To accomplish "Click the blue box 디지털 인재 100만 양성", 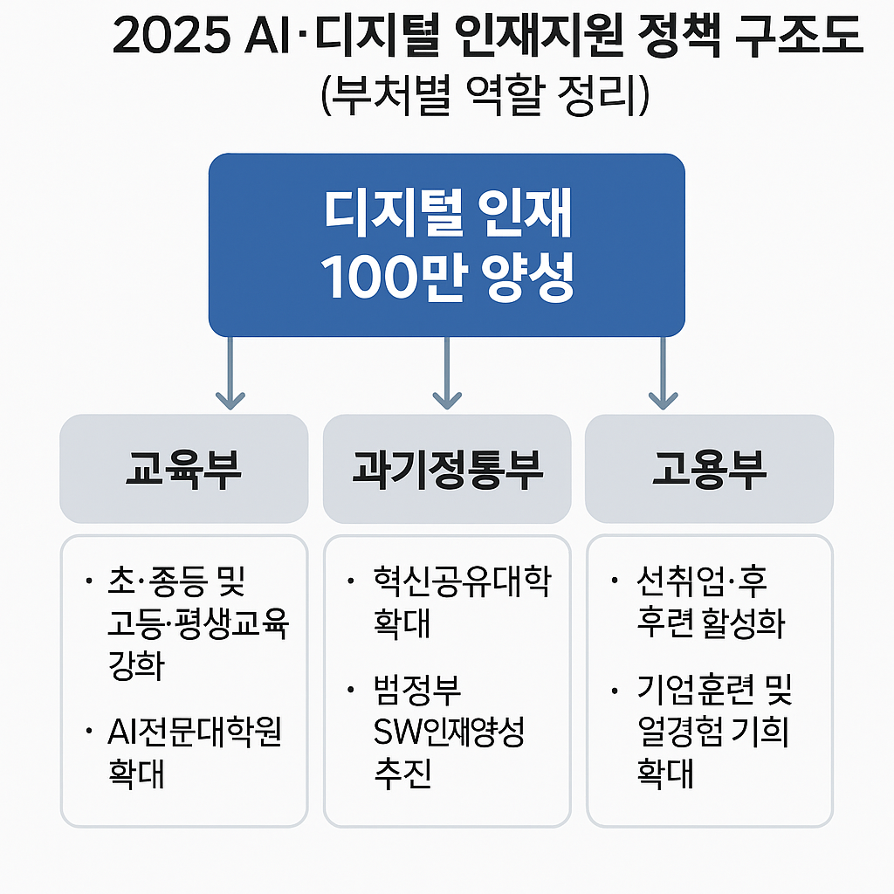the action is point(446,245).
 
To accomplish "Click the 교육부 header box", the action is point(183,470).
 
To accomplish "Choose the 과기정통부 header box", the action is point(447,470).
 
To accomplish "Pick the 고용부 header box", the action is point(709,470).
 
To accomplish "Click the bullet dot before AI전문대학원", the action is point(90,732).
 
